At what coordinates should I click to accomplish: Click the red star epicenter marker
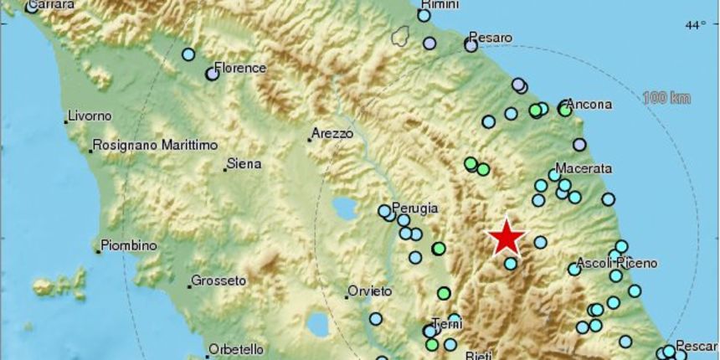[x=507, y=237]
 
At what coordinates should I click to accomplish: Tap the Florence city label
[x=240, y=68]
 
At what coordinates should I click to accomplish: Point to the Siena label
[x=244, y=164]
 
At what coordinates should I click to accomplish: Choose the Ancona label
[x=589, y=105]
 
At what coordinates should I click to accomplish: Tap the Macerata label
[x=584, y=168]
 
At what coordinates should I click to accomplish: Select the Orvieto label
[x=370, y=291]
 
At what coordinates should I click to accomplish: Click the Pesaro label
[x=491, y=38]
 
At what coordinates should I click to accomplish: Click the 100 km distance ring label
[x=666, y=98]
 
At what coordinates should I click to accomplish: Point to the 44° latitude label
[x=696, y=26]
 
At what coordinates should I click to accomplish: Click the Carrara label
[x=52, y=5]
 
